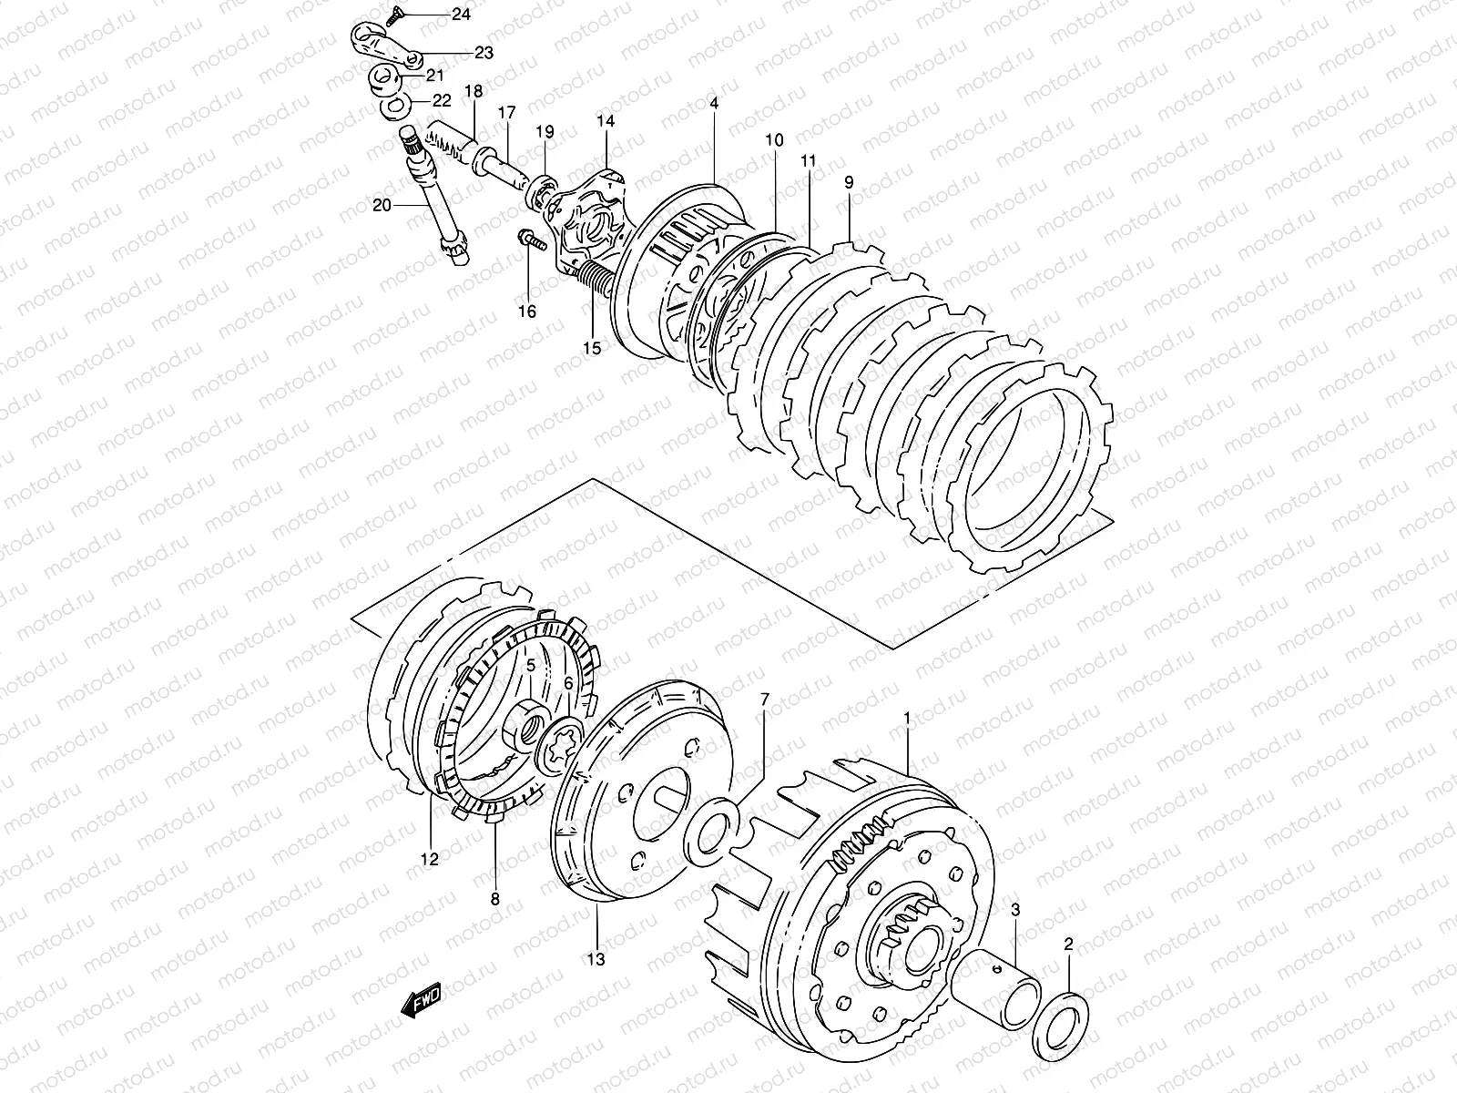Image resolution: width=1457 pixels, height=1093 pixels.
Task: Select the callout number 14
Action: [606, 120]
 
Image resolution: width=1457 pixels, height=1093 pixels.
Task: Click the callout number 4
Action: [714, 103]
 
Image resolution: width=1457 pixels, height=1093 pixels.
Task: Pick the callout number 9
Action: [848, 183]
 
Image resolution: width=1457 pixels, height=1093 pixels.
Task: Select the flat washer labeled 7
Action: [714, 824]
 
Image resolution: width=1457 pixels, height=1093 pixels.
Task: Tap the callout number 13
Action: [596, 958]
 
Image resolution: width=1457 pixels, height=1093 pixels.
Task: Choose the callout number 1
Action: [906, 720]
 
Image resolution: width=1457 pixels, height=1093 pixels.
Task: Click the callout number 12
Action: [429, 858]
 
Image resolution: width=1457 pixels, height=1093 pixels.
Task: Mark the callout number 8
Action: [494, 898]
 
